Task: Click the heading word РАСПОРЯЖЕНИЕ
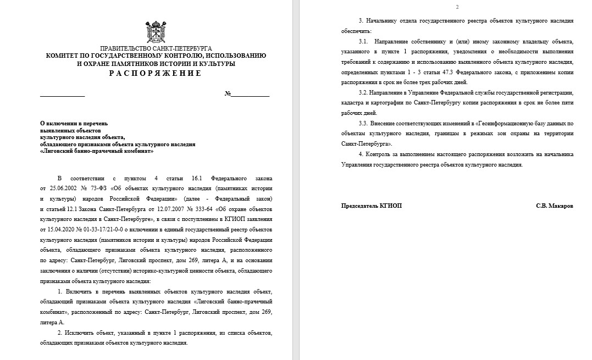click(x=156, y=73)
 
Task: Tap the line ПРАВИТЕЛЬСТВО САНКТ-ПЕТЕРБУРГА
click(x=156, y=48)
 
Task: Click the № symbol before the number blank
click(x=228, y=94)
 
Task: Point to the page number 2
click(x=457, y=7)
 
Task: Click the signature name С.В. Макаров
click(x=555, y=206)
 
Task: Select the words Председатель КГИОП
click(x=372, y=206)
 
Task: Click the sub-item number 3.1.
click(x=363, y=41)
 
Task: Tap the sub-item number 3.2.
click(x=363, y=92)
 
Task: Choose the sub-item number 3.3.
click(x=363, y=123)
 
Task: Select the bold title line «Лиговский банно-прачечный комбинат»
click(x=97, y=151)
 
